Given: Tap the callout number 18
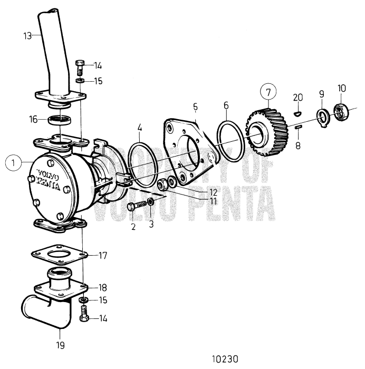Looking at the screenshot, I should click(x=102, y=287).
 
